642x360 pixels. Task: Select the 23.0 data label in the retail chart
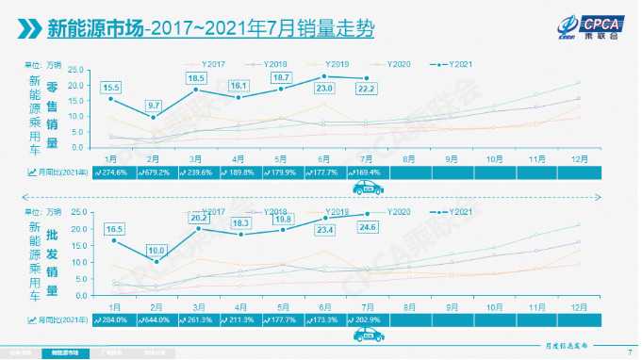click(x=324, y=87)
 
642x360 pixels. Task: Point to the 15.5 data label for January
click(x=110, y=87)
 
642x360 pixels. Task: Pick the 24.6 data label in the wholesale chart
click(x=367, y=226)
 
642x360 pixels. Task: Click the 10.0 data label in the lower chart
click(x=154, y=250)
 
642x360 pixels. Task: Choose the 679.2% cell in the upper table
click(x=154, y=172)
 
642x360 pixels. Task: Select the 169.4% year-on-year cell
click(x=367, y=172)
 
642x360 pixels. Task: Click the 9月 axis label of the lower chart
click(x=452, y=306)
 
